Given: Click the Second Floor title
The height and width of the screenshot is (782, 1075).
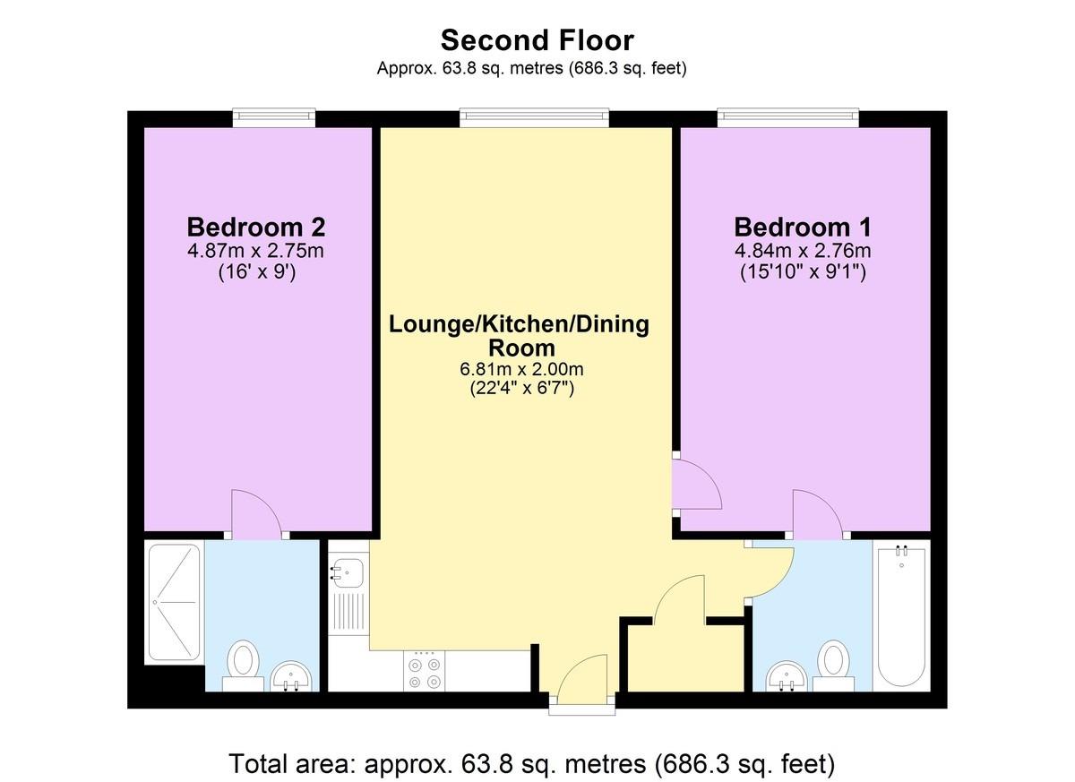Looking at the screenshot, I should pos(537,40).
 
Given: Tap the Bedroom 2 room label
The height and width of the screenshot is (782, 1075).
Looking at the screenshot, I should pos(255,226).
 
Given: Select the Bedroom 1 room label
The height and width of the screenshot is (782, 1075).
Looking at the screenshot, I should pos(802,226).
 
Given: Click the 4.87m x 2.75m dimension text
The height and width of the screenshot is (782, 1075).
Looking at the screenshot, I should pos(255,251).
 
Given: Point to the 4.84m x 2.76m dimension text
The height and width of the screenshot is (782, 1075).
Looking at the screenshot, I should pos(802,251).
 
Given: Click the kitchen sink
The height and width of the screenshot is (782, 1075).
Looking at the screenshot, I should pos(348,571).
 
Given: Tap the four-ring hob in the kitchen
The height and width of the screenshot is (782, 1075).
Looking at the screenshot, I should pos(425,672).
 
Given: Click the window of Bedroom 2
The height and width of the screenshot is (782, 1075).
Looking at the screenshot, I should pos(274,116).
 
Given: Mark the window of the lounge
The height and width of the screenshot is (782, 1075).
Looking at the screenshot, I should pos(535,116).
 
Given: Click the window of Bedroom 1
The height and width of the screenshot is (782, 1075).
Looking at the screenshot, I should pos(787,116).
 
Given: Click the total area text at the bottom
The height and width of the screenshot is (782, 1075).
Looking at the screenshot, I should pos(532,764).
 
